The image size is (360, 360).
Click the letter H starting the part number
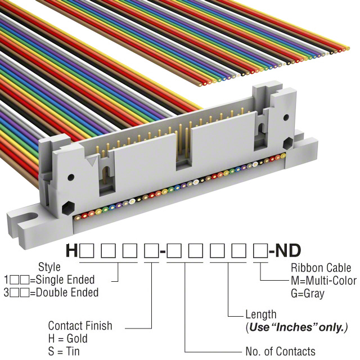point(72,250)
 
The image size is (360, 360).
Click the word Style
point(49,267)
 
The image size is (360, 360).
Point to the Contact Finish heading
point(80,326)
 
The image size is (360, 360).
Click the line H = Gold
point(67,339)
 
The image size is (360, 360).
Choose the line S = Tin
point(64,351)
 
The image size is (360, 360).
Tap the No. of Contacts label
point(280,352)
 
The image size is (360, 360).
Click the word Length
point(261,314)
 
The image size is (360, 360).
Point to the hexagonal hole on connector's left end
point(67,207)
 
